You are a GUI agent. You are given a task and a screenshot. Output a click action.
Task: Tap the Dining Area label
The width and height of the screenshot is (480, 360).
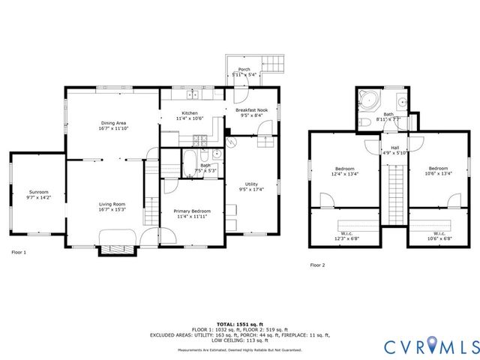114,122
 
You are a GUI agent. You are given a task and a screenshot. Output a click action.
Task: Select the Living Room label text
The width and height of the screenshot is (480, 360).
112,204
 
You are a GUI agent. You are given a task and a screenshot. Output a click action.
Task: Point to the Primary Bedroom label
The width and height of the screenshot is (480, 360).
192,211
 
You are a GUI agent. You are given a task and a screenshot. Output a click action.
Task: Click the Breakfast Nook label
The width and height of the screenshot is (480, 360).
251,109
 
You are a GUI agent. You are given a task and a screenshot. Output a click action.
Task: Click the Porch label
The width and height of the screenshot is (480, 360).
244,69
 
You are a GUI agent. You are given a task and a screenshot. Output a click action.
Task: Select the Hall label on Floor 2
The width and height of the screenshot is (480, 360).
394,147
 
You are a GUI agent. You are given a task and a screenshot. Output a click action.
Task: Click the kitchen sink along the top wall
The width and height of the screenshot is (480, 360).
193,94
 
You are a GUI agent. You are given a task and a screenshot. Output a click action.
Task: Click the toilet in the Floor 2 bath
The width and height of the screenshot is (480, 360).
364,121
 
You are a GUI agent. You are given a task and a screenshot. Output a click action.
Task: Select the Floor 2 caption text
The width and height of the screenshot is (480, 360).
318,265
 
